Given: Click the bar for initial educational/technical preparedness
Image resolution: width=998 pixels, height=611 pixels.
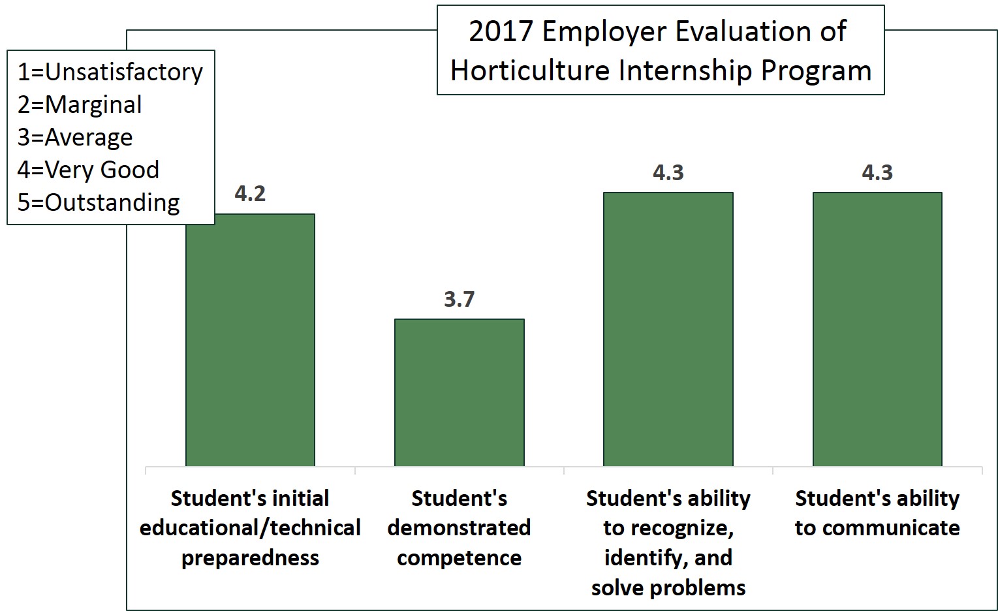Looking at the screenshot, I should [250, 339].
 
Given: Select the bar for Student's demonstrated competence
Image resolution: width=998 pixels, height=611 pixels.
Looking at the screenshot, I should [459, 392].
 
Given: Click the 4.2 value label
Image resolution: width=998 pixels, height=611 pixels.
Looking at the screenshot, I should [250, 194].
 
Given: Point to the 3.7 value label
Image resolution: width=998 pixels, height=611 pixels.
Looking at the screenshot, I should [459, 300].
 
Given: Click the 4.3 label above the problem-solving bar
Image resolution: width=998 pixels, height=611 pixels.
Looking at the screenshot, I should [668, 173].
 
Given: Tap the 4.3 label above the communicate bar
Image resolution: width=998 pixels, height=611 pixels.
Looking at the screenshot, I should [877, 173].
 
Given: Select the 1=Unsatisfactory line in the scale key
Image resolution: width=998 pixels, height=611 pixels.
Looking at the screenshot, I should [110, 72].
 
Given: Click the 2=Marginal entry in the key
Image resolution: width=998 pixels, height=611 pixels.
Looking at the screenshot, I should [80, 104].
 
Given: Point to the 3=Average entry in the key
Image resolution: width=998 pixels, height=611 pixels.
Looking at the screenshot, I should [75, 137].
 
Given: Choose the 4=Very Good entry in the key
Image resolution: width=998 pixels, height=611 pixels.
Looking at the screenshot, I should [88, 170].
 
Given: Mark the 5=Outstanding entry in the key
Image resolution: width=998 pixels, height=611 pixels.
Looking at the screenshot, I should [98, 202].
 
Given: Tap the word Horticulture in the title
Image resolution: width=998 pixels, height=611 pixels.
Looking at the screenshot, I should [529, 70].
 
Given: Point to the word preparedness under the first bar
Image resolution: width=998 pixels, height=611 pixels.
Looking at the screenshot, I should [250, 558].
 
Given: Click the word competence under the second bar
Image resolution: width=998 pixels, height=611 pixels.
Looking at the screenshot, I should [459, 558].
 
